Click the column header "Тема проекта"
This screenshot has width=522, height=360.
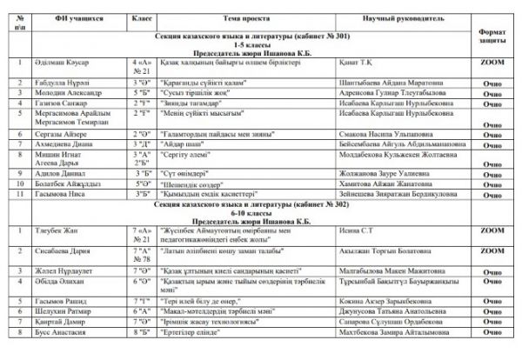pos(247,17)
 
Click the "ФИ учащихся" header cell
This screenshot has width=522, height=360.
pos(73,17)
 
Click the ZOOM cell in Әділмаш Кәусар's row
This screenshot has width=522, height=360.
pos(492,63)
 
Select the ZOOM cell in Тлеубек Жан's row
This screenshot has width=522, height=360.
pos(492,230)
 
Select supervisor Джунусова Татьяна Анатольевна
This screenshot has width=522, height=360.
pos(398,310)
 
